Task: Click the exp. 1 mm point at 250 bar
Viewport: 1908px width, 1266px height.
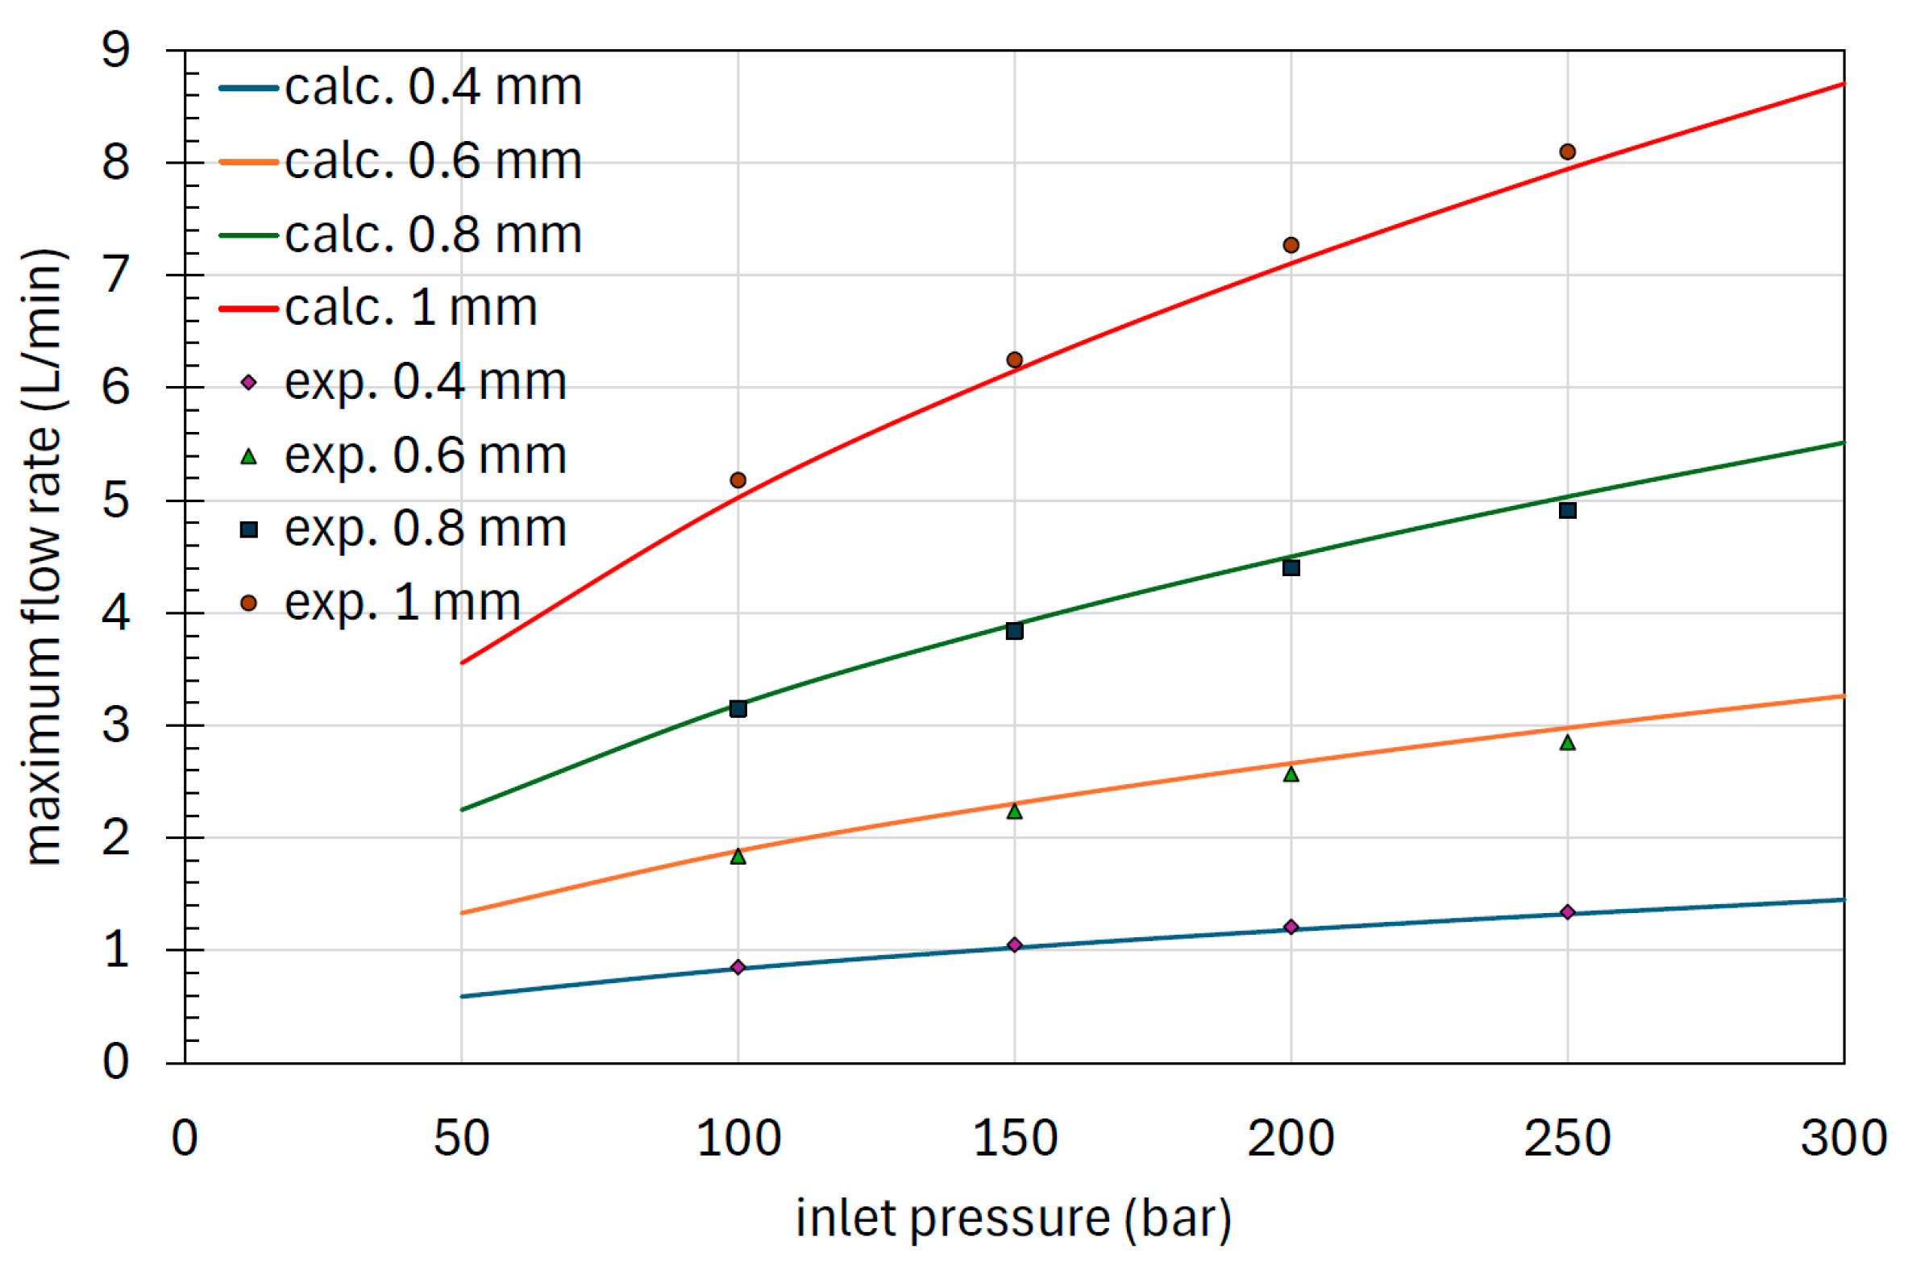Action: coord(1567,152)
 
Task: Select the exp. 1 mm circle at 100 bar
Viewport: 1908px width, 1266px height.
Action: coord(738,480)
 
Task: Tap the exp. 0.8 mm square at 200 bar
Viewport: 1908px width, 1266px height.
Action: coord(1291,567)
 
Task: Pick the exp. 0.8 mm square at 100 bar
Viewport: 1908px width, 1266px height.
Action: coord(738,709)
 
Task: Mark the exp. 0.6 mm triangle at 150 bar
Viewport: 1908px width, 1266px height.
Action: coord(1015,811)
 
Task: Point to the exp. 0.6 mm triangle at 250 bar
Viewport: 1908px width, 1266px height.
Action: coord(1567,743)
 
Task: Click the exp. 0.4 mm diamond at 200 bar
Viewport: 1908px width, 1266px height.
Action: coord(1291,927)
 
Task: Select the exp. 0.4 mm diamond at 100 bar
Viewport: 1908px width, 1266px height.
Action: coord(738,967)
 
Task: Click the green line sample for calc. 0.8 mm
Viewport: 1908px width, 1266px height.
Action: coord(249,235)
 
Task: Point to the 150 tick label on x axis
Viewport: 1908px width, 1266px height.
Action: coord(1015,1139)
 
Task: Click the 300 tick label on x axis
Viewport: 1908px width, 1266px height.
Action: coord(1844,1139)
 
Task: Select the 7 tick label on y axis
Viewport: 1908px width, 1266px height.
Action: coord(115,276)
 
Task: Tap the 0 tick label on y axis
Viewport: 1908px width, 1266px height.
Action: coord(115,1063)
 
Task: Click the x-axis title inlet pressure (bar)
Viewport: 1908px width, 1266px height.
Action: coord(1013,1218)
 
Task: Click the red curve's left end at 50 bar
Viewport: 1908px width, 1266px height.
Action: coord(463,663)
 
